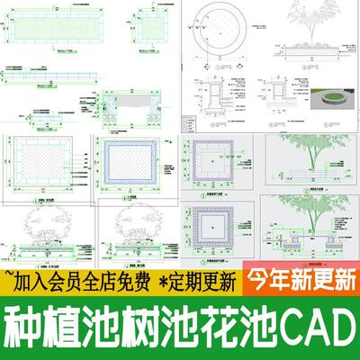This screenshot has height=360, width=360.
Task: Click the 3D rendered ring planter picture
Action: click(x=334, y=97)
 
